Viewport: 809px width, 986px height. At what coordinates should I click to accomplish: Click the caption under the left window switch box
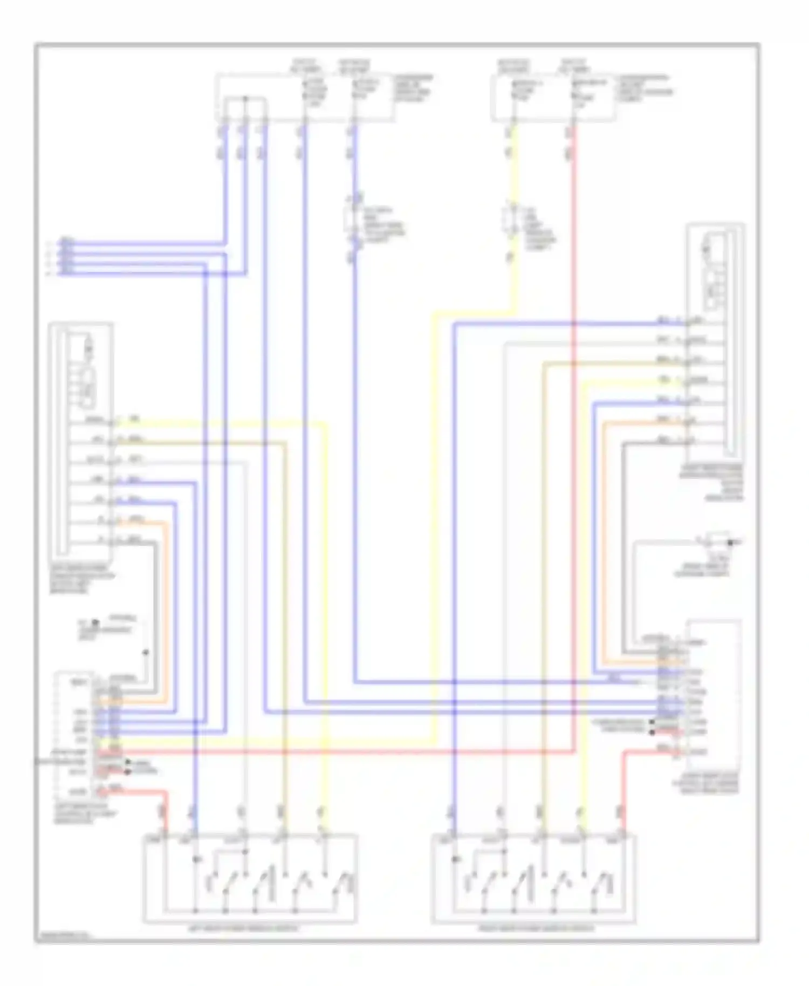[x=249, y=929]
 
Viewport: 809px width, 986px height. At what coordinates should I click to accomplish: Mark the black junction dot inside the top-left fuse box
[x=245, y=99]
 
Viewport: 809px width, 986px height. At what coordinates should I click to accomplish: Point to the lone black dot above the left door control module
[x=145, y=653]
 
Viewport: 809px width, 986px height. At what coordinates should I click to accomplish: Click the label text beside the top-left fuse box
[x=413, y=88]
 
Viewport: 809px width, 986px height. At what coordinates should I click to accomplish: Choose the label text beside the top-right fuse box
[x=644, y=88]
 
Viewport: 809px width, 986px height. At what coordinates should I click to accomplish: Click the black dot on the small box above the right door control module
[x=730, y=542]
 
